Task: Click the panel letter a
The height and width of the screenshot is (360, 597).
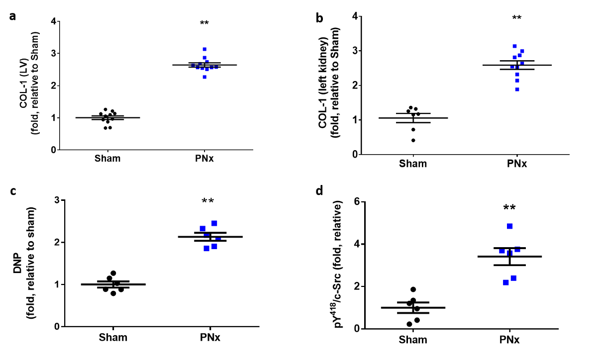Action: tap(12, 15)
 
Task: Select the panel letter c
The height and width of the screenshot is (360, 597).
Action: tap(12, 193)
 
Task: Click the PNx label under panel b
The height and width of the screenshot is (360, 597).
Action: tap(517, 164)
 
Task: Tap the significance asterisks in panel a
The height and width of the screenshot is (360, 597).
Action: tap(204, 23)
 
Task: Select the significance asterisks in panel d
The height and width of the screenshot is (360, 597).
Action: tap(509, 208)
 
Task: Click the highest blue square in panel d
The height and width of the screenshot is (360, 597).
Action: tap(509, 226)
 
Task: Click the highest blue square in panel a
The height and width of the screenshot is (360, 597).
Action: tap(204, 49)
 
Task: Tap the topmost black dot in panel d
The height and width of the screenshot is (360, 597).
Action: tap(413, 289)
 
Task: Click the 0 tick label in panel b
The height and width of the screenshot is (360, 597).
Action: tap(356, 155)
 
